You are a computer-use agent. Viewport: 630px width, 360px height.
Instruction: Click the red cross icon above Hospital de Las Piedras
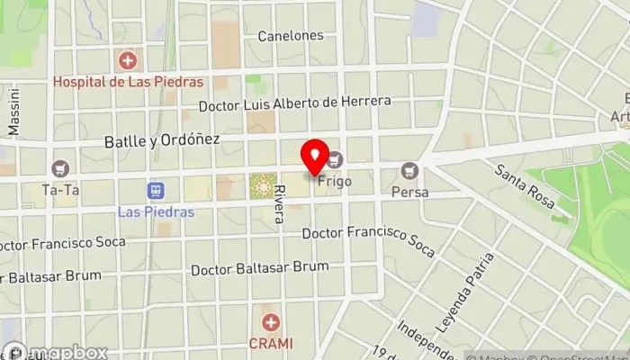128,61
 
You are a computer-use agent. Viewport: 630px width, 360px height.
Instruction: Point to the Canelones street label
290,36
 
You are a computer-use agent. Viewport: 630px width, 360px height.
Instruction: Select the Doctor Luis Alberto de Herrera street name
295,103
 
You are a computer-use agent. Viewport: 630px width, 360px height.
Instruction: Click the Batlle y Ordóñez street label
162,140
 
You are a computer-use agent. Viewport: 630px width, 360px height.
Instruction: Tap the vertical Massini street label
13,112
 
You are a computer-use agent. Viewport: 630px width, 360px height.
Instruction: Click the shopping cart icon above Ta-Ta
61,168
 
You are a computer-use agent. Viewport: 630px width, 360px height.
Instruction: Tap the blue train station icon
156,191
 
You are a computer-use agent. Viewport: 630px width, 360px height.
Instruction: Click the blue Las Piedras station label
156,212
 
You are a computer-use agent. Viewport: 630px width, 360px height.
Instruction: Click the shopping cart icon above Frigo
337,161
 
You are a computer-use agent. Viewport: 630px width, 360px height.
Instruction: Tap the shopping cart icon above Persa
410,170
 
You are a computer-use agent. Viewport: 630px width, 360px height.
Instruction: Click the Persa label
410,192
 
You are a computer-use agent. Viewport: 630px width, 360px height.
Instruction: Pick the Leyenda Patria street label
477,292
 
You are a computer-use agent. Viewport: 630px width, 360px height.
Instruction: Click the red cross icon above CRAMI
270,322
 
